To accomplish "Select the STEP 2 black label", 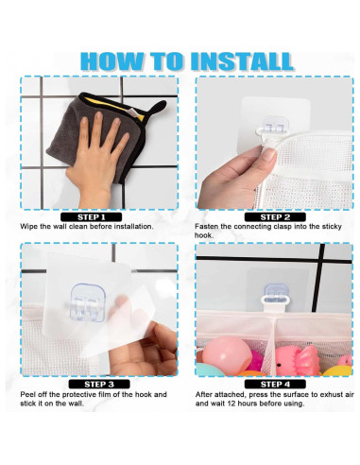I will pos(274,216).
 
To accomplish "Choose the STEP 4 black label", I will pos(274,384).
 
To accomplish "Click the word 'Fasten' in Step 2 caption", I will pos(210,227).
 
